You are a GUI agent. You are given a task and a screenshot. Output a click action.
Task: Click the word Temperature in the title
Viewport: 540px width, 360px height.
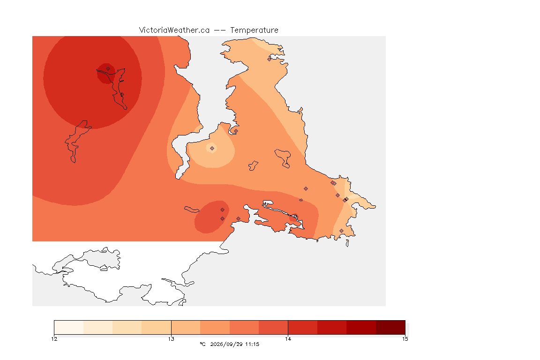click(254, 30)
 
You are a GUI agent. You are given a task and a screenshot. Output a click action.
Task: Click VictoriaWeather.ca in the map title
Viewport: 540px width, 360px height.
click(174, 30)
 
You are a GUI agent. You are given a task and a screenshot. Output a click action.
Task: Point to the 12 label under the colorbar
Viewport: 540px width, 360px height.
click(54, 339)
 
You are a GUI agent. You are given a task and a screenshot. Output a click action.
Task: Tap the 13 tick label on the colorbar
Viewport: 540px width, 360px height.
click(171, 339)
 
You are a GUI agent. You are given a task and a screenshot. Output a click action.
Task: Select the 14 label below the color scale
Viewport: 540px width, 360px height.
click(288, 339)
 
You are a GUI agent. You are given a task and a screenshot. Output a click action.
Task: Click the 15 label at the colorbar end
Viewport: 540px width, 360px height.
click(405, 339)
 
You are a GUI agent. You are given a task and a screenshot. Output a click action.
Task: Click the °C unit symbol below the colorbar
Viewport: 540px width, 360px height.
click(202, 344)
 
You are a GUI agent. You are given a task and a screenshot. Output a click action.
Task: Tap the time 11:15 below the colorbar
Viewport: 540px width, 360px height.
click(252, 344)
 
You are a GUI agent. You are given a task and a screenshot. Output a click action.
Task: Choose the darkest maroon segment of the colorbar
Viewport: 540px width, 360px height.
click(390, 327)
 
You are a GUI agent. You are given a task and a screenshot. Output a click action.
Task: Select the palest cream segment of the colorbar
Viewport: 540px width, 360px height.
click(69, 327)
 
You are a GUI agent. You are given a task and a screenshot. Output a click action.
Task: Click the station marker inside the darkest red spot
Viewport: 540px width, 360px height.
click(108, 69)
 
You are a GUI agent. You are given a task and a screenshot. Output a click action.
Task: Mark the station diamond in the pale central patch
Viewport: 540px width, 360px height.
click(212, 149)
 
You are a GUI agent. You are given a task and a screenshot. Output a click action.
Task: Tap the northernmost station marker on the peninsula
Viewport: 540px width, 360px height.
click(270, 59)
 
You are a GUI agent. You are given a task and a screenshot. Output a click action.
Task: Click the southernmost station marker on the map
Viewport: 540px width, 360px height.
click(341, 231)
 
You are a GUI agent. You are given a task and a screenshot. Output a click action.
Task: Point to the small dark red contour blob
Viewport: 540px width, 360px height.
click(106, 74)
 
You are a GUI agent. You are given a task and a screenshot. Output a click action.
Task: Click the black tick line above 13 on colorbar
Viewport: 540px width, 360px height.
click(171, 327)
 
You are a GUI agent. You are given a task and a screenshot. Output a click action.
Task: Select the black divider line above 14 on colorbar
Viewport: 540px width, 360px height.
click(288, 327)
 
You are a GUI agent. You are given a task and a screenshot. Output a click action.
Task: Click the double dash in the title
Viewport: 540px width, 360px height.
click(220, 30)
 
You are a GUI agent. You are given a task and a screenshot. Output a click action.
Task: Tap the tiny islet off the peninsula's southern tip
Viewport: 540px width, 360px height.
click(347, 243)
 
